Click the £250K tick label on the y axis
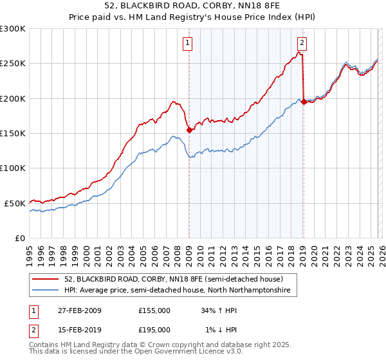click(13, 64)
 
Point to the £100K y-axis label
click(13, 168)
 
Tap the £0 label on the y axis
click(19, 238)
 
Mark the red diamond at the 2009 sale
click(189, 130)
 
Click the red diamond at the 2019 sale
click(303, 102)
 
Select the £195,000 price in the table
click(154, 330)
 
